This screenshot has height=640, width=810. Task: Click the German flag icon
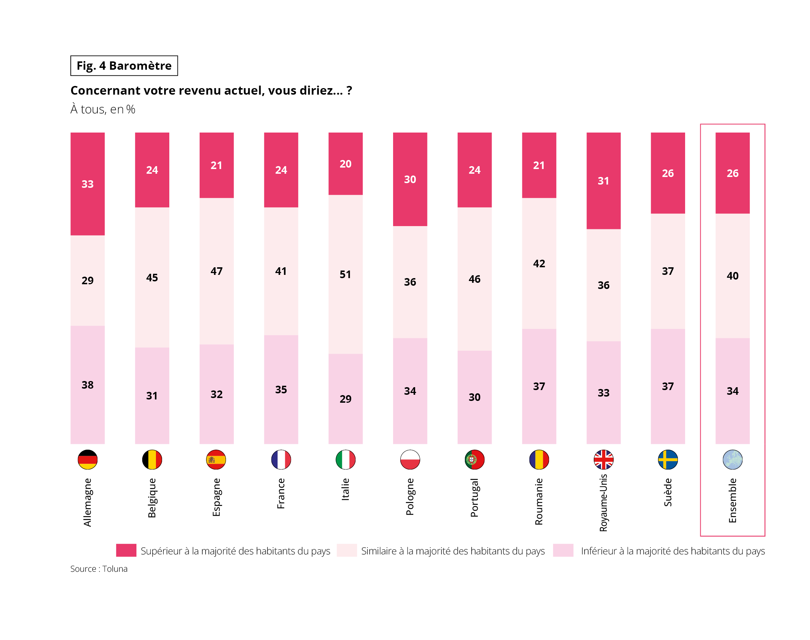click(x=88, y=460)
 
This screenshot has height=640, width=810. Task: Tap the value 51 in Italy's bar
click(x=345, y=274)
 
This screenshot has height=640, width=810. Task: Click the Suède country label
click(x=668, y=492)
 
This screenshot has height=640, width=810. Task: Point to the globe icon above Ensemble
click(x=732, y=460)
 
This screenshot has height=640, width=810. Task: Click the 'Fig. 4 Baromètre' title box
click(x=124, y=66)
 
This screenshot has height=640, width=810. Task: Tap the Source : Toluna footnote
click(x=99, y=569)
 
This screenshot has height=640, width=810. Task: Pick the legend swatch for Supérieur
click(x=126, y=550)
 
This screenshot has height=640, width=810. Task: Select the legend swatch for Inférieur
click(x=563, y=550)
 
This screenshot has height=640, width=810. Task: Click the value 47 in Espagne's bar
click(x=217, y=271)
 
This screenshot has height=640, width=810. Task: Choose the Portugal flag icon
click(x=474, y=460)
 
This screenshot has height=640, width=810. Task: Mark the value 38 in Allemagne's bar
click(x=88, y=385)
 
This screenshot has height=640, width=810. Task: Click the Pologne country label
click(x=410, y=497)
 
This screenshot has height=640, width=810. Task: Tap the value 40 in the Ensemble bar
click(x=732, y=276)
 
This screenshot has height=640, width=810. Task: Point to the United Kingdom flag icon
click(x=603, y=460)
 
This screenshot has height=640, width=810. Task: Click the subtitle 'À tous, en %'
click(x=103, y=109)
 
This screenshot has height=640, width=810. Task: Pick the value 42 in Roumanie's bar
click(x=539, y=264)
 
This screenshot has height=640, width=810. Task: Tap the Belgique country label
click(x=152, y=498)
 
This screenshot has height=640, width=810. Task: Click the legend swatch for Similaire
click(x=347, y=550)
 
